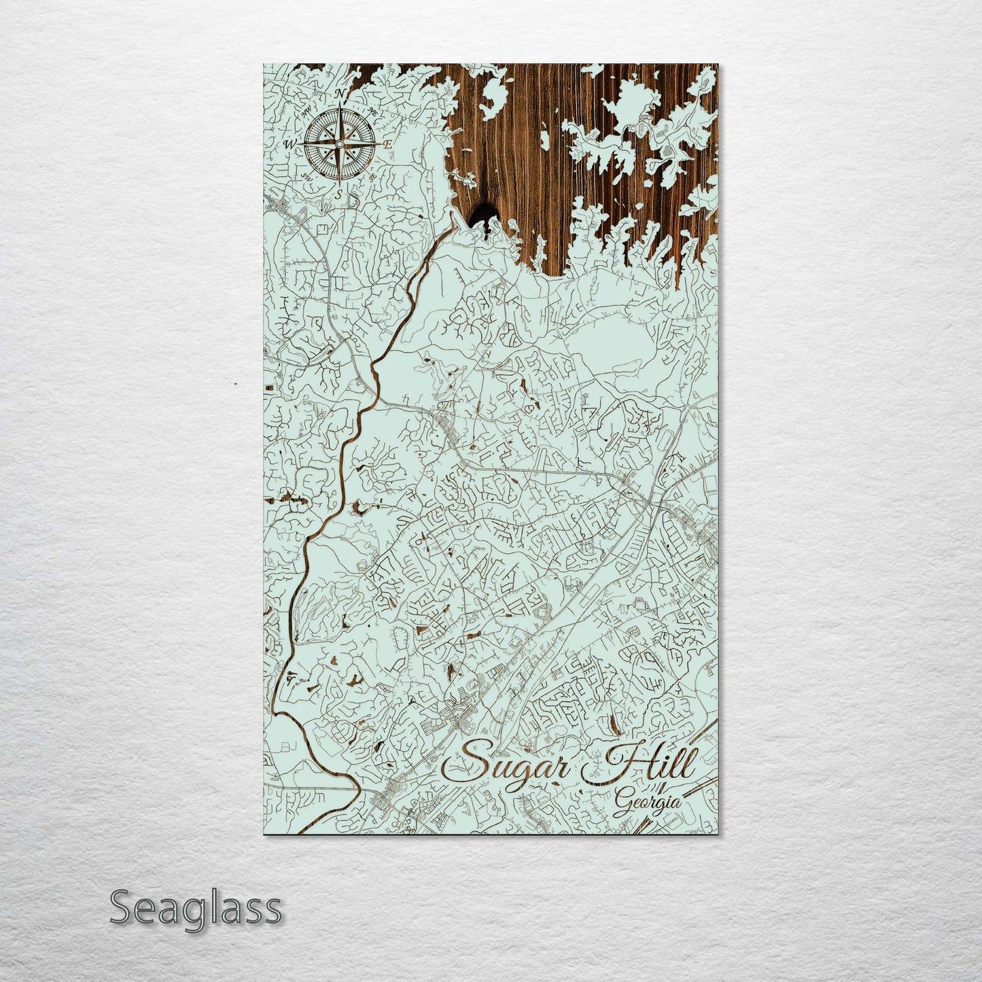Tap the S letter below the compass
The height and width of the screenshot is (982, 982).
point(338,193)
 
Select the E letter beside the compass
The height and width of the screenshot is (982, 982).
point(387,145)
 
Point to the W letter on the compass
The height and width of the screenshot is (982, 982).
point(290,144)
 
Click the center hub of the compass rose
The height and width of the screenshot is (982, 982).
point(339,143)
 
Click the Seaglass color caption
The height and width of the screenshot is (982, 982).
point(195,908)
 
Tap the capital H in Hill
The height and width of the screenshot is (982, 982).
point(615,762)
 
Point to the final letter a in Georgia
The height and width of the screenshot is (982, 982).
point(674,803)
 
